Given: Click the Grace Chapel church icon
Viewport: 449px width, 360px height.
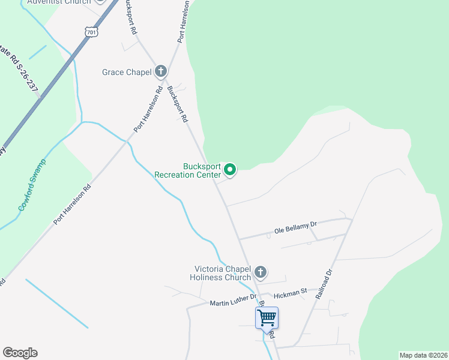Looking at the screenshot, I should (x=160, y=72).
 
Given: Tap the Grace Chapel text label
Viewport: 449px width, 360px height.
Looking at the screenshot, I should (x=127, y=73).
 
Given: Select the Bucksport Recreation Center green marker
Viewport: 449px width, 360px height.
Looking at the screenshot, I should (x=230, y=171).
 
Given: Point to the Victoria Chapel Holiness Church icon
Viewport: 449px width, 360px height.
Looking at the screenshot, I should (x=261, y=272).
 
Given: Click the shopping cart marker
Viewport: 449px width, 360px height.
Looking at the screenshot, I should (x=267, y=317).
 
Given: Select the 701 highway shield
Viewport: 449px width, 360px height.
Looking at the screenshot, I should (x=91, y=32).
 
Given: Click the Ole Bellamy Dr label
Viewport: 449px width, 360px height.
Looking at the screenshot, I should (x=295, y=227).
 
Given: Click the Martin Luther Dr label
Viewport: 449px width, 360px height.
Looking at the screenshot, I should (x=233, y=300).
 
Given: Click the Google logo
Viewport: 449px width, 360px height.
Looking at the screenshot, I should (x=20, y=353).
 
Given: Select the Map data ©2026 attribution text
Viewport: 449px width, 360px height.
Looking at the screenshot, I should (x=423, y=355).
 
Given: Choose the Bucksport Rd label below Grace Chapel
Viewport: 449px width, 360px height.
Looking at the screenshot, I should (x=178, y=104).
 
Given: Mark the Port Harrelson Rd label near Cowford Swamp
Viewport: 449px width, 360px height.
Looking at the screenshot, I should (x=72, y=204).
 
